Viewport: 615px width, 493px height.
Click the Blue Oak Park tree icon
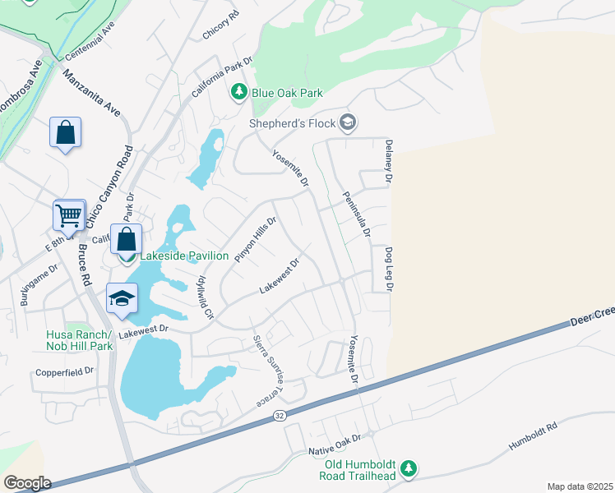coord(238,93)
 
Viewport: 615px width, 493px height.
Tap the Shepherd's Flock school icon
coord(348,123)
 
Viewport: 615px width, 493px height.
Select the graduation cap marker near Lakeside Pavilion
coord(122,298)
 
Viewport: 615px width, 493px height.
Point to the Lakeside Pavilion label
coord(184,256)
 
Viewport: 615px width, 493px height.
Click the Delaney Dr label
coord(387,161)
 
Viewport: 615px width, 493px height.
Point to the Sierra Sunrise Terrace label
coord(271,370)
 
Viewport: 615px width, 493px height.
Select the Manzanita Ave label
coord(92,90)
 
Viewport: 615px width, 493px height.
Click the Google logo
coord(27,483)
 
